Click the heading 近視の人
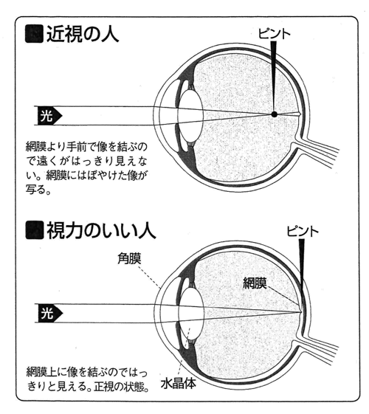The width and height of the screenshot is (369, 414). (x=83, y=34)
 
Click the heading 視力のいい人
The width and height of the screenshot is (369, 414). (x=101, y=230)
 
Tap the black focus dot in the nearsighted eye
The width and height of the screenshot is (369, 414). (x=275, y=114)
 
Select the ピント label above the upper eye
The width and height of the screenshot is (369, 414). (x=274, y=34)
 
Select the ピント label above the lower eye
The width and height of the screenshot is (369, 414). (x=303, y=231)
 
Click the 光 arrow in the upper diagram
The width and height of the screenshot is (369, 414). (x=49, y=116)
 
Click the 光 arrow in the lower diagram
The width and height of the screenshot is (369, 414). (x=50, y=314)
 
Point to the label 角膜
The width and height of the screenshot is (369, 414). (x=129, y=258)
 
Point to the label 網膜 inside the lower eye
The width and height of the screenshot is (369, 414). (x=255, y=283)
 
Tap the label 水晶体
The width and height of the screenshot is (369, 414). (x=179, y=383)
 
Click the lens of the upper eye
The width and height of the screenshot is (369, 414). (x=190, y=115)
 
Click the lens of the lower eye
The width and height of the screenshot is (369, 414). (x=191, y=312)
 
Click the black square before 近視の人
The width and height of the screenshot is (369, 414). (x=34, y=34)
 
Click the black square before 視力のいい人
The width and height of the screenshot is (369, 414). (x=34, y=230)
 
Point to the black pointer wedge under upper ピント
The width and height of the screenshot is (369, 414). (x=274, y=77)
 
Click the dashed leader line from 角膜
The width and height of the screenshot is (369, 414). (x=149, y=276)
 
